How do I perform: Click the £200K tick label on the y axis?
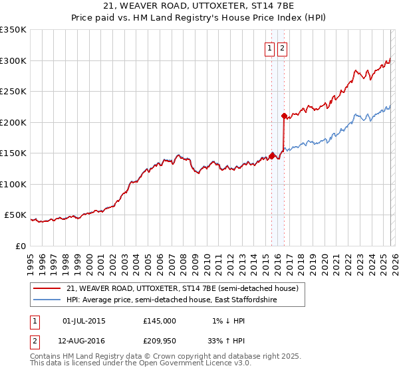13,122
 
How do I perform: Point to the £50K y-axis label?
15,215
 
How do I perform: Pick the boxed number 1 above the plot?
270,48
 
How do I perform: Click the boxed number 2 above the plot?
282,48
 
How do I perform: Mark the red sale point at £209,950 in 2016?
284,116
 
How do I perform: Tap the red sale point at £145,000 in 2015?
271,156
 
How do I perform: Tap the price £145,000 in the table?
159,321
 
